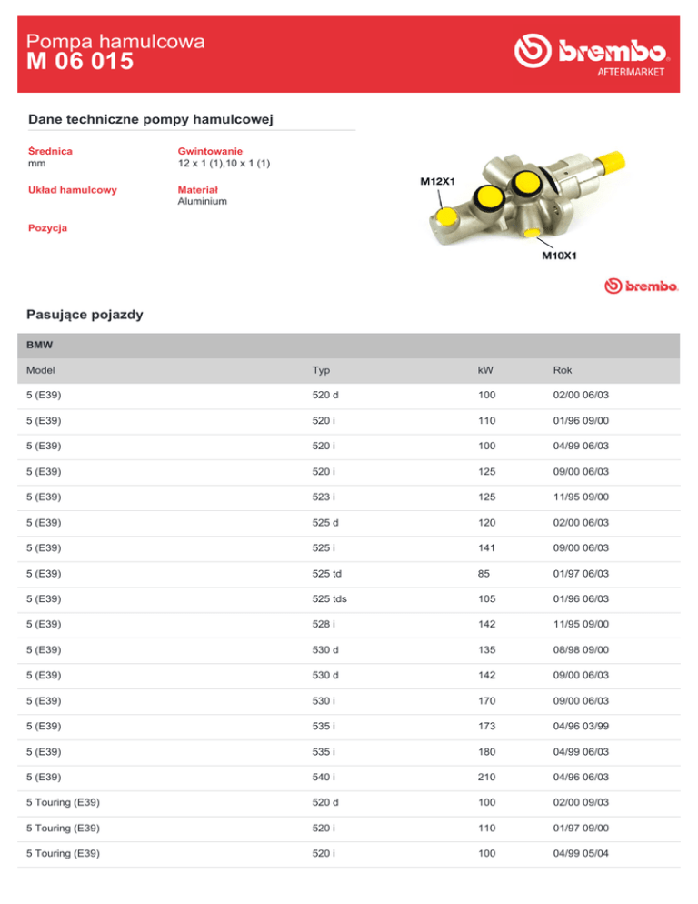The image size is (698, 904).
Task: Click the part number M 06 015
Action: pos(81,62)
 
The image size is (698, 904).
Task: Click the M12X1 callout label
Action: pos(437,181)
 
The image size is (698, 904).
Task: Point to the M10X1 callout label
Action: pos(558,256)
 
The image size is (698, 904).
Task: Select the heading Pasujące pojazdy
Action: pos(85,315)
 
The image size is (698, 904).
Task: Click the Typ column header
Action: pos(320,371)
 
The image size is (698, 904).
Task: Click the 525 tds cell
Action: pos(328,600)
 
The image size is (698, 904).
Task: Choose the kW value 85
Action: pos(482,575)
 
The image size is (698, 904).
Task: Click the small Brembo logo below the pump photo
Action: pos(642,287)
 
